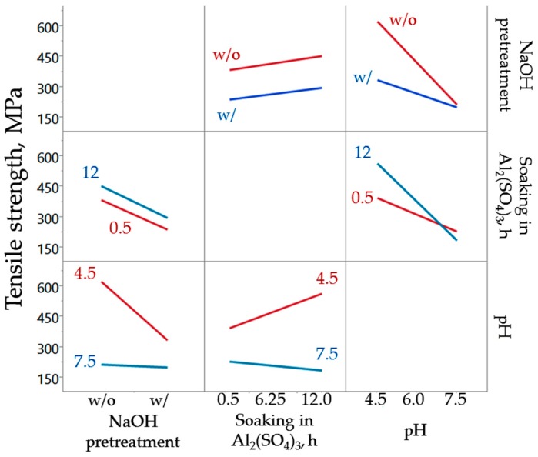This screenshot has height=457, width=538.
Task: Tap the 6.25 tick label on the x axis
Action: (x=271, y=401)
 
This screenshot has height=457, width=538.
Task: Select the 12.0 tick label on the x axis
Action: (x=316, y=401)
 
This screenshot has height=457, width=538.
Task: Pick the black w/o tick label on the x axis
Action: (x=102, y=401)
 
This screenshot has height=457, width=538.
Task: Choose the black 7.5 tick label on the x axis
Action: (x=457, y=401)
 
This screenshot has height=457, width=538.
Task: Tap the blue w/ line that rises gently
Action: (x=275, y=93)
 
